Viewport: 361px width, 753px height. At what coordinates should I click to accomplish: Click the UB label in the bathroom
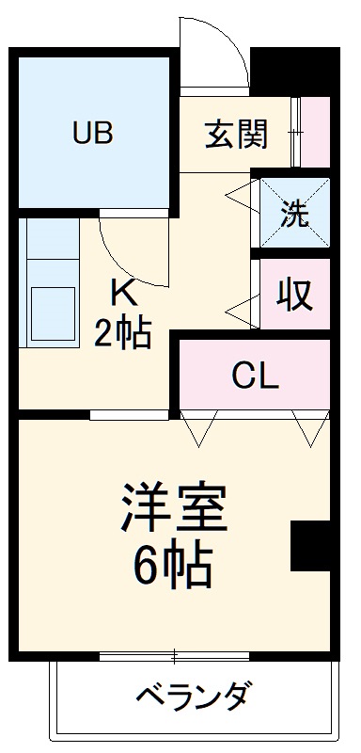pyautogui.click(x=93, y=133)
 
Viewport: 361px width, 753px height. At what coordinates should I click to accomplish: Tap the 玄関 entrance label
pyautogui.click(x=236, y=133)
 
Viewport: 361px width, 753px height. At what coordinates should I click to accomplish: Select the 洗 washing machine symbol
pyautogui.click(x=295, y=215)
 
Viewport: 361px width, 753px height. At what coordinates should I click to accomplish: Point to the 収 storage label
pyautogui.click(x=295, y=296)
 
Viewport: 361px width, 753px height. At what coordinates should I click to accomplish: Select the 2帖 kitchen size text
pyautogui.click(x=123, y=332)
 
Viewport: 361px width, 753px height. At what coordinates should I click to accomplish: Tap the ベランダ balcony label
pyautogui.click(x=194, y=698)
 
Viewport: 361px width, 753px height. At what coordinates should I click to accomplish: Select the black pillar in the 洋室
pyautogui.click(x=309, y=545)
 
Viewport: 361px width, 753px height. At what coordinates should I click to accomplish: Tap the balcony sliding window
pyautogui.click(x=175, y=655)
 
